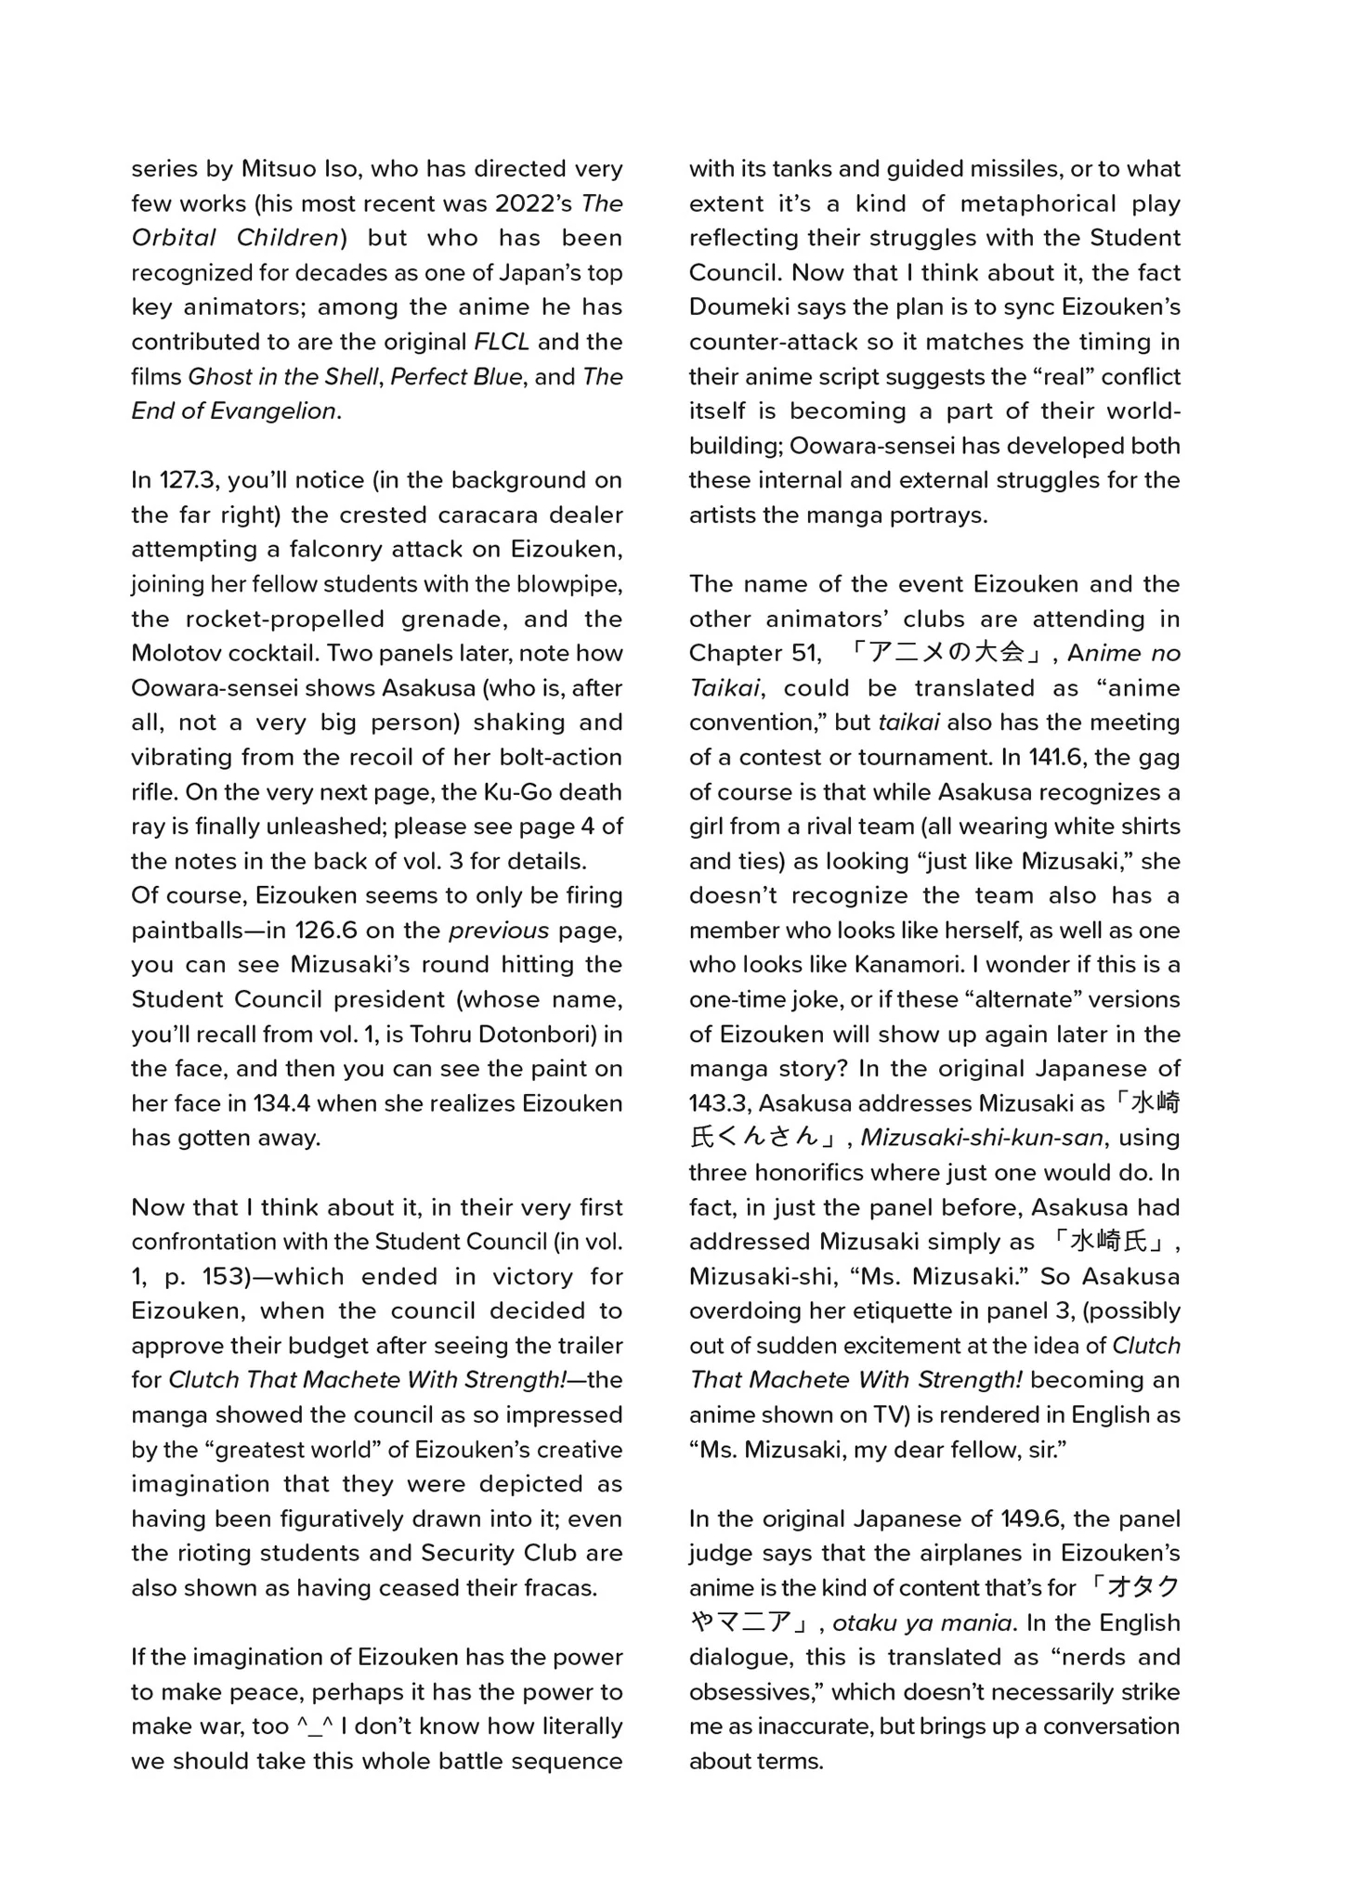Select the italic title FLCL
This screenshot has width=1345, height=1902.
pos(502,342)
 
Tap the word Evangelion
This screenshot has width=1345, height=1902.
pos(273,410)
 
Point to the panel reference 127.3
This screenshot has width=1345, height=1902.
pos(189,480)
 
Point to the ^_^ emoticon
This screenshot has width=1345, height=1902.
pos(314,1726)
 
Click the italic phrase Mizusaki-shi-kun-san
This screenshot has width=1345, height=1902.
pos(982,1138)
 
